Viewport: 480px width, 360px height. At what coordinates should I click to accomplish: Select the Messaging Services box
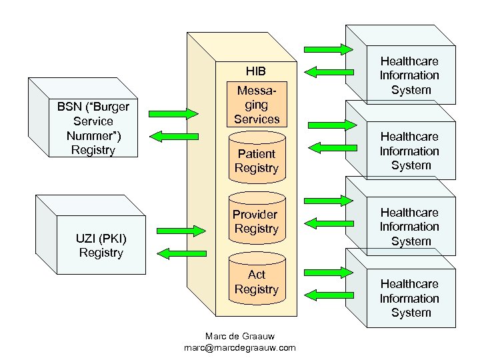click(257, 105)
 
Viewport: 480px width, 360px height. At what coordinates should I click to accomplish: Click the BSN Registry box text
click(93, 128)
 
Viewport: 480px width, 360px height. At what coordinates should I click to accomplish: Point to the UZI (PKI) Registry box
click(101, 245)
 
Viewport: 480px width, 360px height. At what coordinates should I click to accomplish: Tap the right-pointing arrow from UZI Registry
click(180, 229)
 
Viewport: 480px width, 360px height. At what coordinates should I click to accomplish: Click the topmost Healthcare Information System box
click(409, 75)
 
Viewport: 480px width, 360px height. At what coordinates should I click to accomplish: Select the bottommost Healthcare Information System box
click(409, 298)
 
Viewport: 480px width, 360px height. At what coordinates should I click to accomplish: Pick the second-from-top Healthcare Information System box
click(409, 151)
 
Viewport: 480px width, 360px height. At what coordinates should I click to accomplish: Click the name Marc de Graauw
click(239, 335)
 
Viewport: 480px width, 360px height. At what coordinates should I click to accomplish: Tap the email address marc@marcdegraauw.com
click(239, 347)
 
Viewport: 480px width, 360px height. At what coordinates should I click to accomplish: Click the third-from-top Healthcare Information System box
click(409, 226)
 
